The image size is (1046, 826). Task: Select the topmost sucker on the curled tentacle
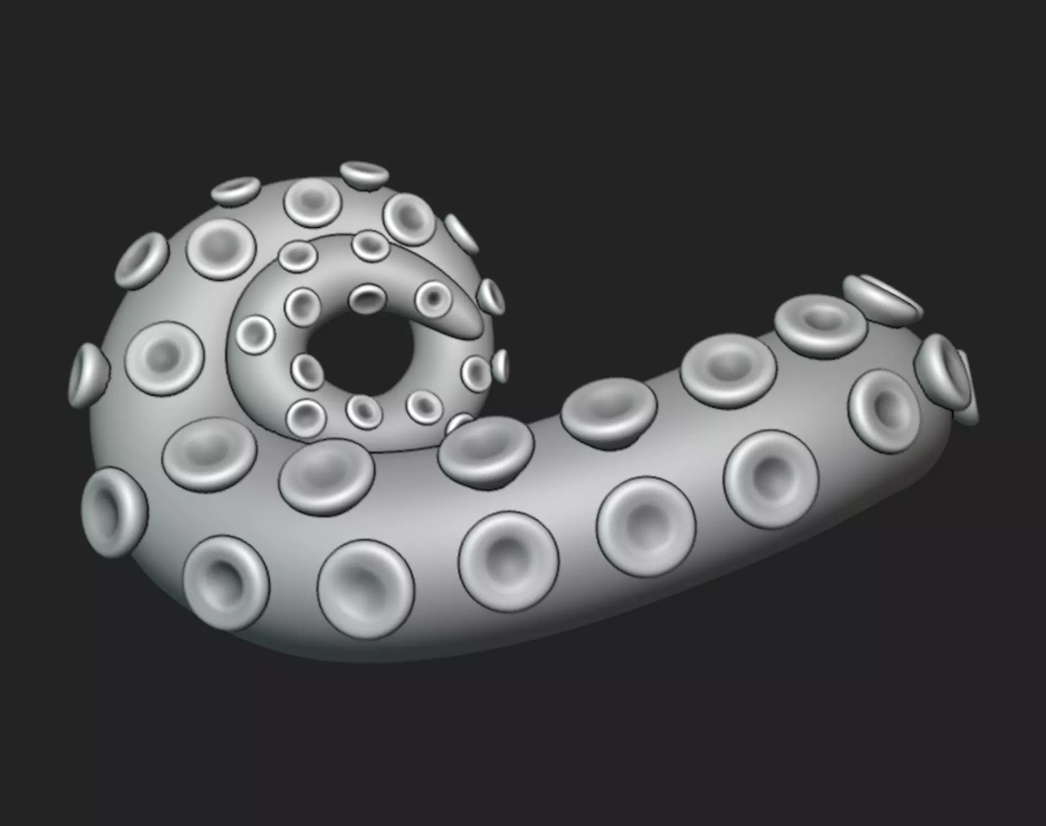364,175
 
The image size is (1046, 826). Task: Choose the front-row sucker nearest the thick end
771,479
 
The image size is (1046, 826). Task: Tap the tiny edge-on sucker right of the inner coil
501,365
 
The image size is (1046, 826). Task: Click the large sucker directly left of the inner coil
164,358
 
